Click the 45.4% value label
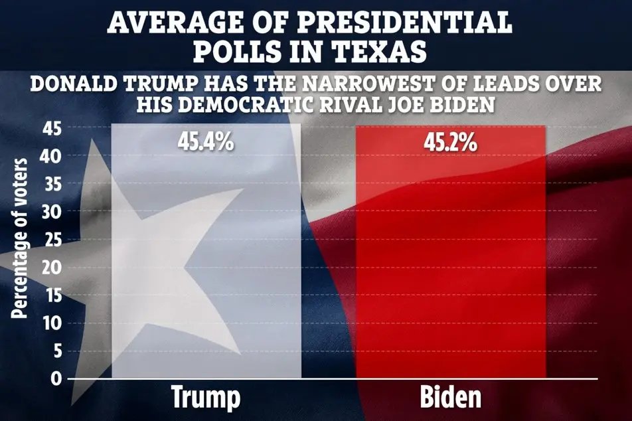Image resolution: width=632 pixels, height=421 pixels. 205,141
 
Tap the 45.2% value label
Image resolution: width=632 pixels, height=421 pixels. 451,141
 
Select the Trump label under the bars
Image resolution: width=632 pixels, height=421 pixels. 206,397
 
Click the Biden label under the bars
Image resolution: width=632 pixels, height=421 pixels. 451,397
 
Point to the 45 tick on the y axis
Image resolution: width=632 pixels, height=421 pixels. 51,128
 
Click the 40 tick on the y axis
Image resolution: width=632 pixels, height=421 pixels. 51,156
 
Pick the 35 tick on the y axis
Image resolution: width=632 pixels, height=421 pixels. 51,184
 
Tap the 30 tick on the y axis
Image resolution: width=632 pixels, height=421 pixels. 51,212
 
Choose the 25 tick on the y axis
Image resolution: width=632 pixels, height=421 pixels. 51,240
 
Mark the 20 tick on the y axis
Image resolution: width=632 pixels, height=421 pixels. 51,268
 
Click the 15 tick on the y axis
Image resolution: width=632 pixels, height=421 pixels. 51,295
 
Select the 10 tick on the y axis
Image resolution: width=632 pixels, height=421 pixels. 51,323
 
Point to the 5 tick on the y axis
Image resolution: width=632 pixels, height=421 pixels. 56,351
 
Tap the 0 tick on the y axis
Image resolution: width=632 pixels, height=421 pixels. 56,379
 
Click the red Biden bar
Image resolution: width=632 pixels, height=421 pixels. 451,266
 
